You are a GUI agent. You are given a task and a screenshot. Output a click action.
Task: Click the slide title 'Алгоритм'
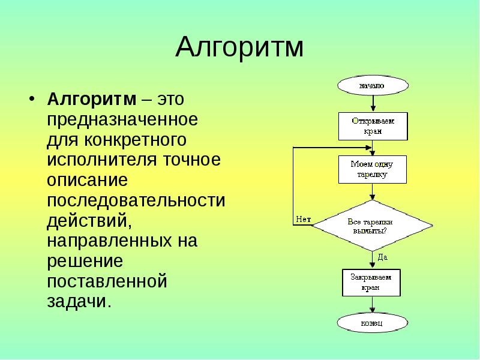click(x=239, y=47)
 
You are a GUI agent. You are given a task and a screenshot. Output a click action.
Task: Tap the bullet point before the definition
click(x=33, y=99)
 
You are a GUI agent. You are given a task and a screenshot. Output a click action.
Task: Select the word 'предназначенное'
click(x=122, y=119)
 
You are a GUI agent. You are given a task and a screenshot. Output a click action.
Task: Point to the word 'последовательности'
click(x=136, y=200)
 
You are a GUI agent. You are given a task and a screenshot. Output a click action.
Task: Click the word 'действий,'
click(x=89, y=220)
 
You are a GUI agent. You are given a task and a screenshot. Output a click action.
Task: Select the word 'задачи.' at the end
click(x=79, y=300)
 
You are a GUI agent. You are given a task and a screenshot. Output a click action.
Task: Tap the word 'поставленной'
click(x=106, y=280)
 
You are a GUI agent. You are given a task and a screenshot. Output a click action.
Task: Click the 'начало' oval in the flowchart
click(x=371, y=86)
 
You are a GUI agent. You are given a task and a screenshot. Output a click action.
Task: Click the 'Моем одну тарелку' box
click(x=373, y=169)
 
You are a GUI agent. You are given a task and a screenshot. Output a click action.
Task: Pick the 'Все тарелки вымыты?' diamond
click(x=373, y=226)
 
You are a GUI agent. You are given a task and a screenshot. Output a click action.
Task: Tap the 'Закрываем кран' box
click(x=371, y=283)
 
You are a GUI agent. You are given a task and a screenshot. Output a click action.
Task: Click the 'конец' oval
click(x=371, y=323)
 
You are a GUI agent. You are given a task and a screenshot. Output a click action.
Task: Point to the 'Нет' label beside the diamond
click(x=303, y=220)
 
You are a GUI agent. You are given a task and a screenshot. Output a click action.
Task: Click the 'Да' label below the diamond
click(x=382, y=257)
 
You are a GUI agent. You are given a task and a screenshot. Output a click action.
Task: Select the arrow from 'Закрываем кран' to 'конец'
click(x=372, y=304)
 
